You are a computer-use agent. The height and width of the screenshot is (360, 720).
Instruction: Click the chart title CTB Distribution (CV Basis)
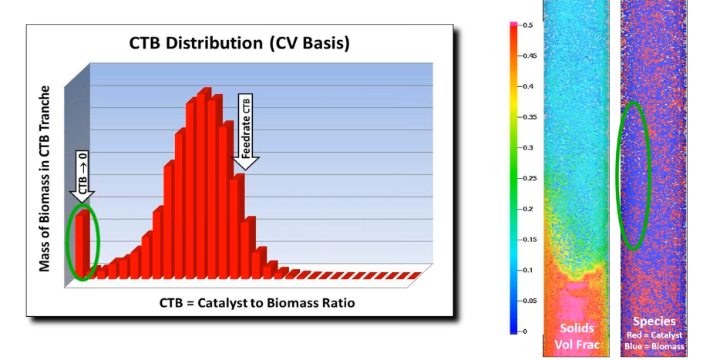(239, 43)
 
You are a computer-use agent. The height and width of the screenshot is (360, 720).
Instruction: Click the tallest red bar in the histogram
(205, 185)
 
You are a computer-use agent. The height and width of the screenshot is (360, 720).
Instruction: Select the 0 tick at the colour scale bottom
(524, 331)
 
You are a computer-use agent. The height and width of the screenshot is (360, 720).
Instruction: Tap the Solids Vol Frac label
(576, 335)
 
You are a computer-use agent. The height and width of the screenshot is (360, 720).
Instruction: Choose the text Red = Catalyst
(654, 335)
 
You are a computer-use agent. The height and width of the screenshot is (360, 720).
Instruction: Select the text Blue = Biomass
(654, 346)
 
